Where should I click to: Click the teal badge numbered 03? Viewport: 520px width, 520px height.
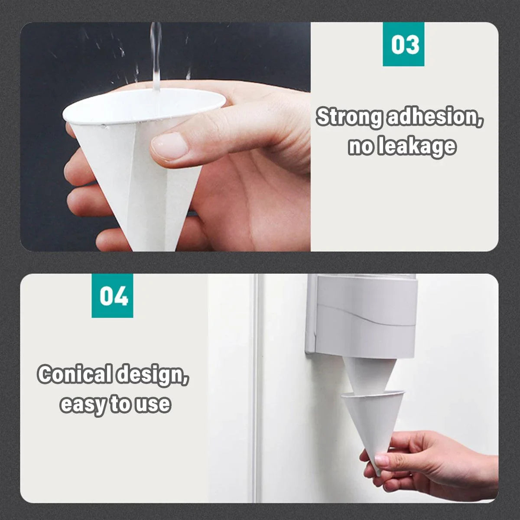pos(403,44)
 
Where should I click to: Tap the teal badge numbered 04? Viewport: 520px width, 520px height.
pos(112,296)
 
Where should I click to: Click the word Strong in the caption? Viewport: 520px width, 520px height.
pos(350,117)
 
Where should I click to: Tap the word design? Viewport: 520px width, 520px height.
pos(153,375)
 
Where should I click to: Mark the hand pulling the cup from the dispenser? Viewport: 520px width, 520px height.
pos(432,463)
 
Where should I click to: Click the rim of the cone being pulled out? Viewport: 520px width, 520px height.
pos(373,394)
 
